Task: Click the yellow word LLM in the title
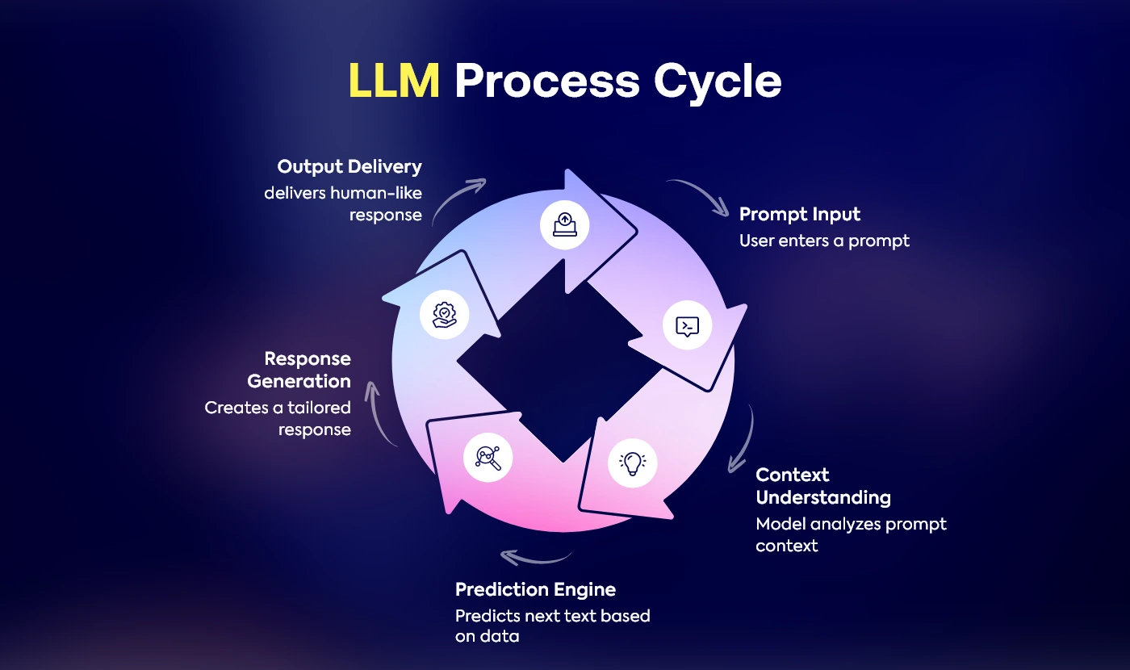coord(394,81)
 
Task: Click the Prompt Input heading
coord(799,214)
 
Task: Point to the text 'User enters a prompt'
coord(824,241)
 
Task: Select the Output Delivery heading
coord(349,166)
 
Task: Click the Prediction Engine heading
coord(535,589)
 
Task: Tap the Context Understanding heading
coord(822,486)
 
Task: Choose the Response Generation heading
coord(299,370)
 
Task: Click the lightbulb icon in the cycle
coord(632,463)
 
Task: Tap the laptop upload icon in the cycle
coord(565,223)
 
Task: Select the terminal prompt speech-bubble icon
coord(687,326)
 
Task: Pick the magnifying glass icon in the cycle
coord(488,458)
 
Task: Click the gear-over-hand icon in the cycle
coord(445,314)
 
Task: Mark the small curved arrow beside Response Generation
coord(381,413)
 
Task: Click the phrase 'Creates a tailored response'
coord(278,418)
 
